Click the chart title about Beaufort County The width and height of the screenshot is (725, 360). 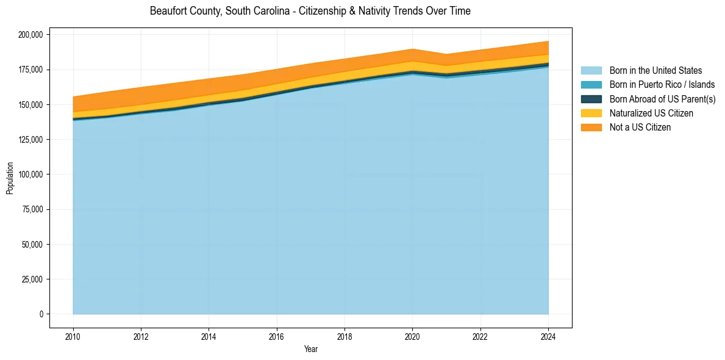click(310, 11)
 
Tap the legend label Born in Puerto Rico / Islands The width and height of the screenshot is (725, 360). click(662, 85)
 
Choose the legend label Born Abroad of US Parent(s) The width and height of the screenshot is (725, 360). click(662, 99)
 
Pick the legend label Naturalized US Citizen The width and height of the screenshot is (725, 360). click(651, 113)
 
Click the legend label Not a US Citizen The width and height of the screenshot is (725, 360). click(640, 127)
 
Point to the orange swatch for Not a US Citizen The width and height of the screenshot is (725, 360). click(591, 127)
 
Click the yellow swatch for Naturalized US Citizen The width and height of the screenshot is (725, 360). click(591, 113)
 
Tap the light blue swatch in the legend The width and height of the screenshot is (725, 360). click(591, 71)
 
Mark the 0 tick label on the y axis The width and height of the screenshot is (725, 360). click(41, 314)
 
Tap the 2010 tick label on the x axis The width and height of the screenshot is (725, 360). click(73, 336)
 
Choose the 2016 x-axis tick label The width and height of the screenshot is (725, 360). click(277, 336)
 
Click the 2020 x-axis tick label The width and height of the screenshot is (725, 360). click(413, 336)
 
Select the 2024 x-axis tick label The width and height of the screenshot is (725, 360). click(548, 336)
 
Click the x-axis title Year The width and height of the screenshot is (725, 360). click(310, 349)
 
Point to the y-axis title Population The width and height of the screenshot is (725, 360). click(10, 178)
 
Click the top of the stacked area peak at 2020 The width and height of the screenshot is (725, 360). click(413, 49)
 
